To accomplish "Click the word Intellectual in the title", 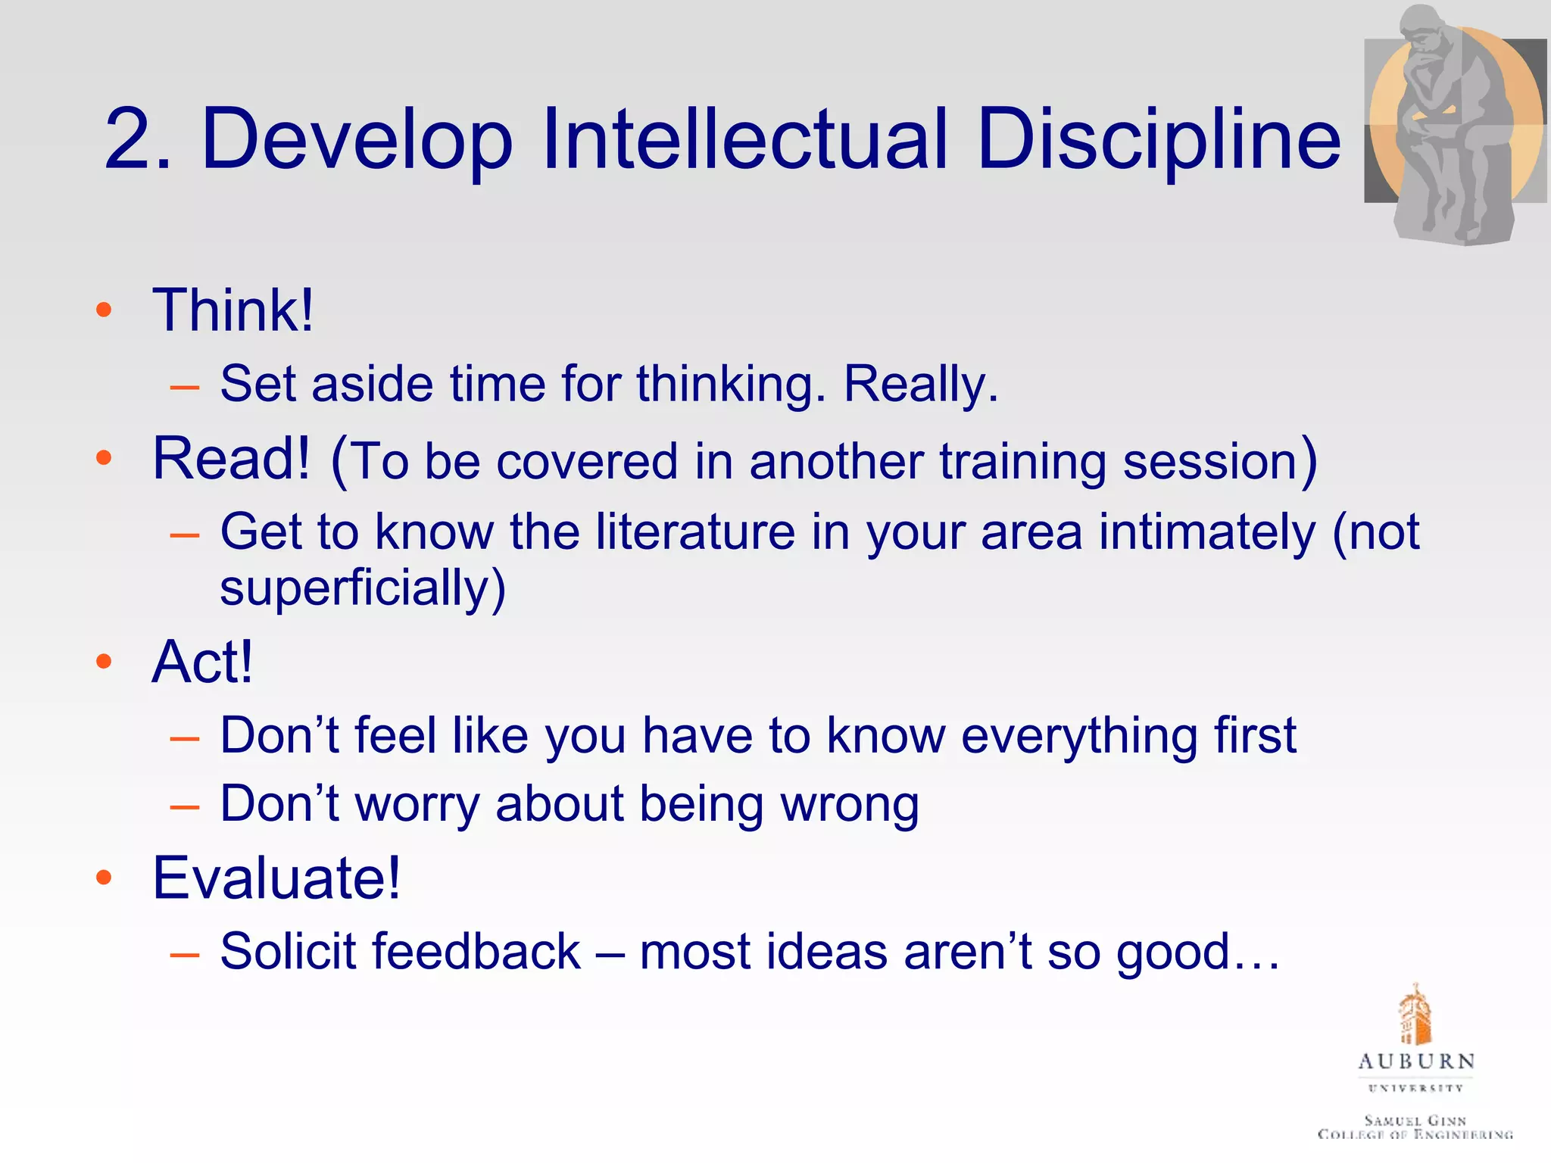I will tap(744, 140).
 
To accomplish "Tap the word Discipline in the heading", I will tap(1159, 140).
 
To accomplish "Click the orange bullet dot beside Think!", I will tap(105, 310).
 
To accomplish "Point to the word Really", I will tap(920, 384).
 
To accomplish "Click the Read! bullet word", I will tap(231, 459).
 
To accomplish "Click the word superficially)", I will tap(362, 588).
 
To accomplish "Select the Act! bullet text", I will tap(201, 663).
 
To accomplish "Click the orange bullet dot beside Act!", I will tap(105, 662).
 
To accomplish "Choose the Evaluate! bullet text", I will tap(276, 878).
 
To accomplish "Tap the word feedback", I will tap(476, 952).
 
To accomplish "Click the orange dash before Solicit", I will tap(185, 954).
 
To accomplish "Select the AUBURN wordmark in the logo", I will tap(1416, 1062).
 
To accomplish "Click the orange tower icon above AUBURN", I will tap(1415, 1015).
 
